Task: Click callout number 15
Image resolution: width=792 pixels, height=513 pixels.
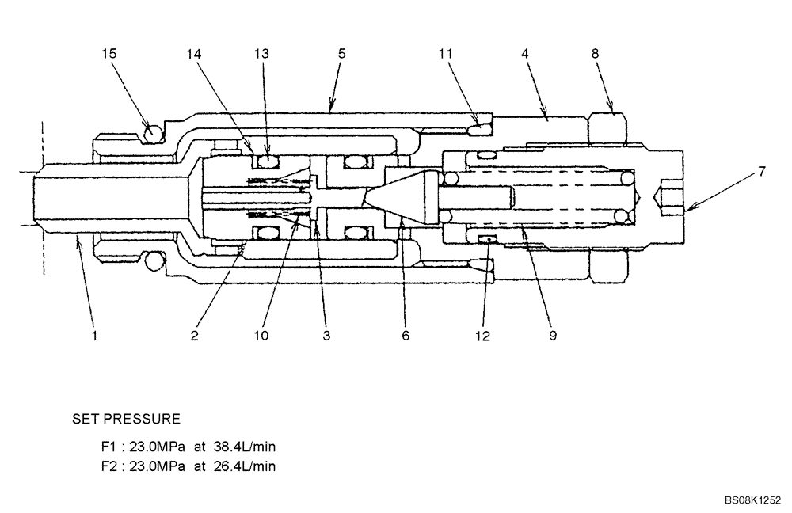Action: (x=109, y=54)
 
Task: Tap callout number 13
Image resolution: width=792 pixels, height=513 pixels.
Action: (x=261, y=54)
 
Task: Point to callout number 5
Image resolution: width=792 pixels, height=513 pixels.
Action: (x=341, y=54)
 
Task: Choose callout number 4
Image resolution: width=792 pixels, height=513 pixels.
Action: (x=524, y=54)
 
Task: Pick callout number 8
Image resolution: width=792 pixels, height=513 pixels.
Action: (x=595, y=54)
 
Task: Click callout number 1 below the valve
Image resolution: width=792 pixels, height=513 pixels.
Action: (x=93, y=336)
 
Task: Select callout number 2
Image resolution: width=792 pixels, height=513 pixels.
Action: (x=193, y=336)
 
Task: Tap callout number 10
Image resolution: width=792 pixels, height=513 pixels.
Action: (x=261, y=336)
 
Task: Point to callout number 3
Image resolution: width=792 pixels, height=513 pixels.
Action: (x=326, y=336)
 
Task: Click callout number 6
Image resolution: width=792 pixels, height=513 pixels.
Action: (x=405, y=336)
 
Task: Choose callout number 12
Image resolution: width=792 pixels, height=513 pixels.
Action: (x=482, y=336)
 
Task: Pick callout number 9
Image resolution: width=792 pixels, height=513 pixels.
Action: (x=552, y=336)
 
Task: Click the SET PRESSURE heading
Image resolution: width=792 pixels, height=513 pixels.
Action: (x=127, y=418)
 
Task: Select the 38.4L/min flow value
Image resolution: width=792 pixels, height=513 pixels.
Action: (x=242, y=446)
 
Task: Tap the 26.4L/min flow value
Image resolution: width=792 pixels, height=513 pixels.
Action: (x=242, y=466)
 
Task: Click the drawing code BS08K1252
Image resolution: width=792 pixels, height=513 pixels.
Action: (x=752, y=500)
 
